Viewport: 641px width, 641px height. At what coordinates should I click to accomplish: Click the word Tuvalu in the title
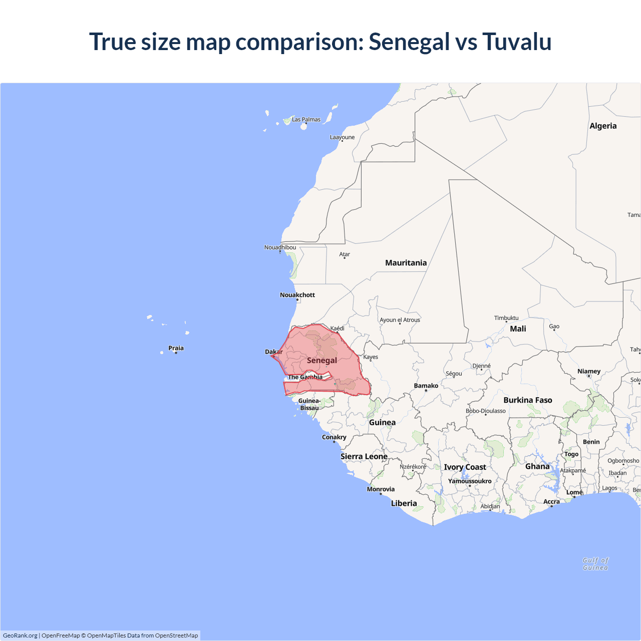point(517,42)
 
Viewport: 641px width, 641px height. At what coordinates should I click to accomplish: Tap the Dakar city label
point(273,352)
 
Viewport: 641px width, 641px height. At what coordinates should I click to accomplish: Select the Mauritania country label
point(406,263)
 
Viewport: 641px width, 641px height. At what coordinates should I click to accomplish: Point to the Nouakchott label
point(297,295)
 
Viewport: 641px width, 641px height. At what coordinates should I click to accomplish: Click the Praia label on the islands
point(176,348)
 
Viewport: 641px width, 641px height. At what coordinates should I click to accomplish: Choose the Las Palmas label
point(306,120)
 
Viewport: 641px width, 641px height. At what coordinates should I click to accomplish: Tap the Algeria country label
point(603,126)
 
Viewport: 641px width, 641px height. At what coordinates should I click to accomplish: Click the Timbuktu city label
point(506,318)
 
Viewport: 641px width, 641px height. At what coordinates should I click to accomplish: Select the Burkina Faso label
point(528,400)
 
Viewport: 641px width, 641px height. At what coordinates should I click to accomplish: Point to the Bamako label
point(426,386)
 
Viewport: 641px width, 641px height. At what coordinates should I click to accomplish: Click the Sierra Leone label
point(364,457)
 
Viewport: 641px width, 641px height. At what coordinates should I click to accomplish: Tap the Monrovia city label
point(381,489)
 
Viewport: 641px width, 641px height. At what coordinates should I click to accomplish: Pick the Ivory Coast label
point(465,467)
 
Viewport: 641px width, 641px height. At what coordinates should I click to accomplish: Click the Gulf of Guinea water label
point(595,564)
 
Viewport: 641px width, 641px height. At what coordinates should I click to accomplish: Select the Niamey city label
point(589,372)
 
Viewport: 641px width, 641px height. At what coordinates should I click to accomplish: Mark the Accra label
point(551,501)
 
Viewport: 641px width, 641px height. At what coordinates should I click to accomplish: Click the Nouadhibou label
point(280,247)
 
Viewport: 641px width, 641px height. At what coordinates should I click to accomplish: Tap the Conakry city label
point(334,437)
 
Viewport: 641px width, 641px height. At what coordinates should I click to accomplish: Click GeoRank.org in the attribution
point(20,635)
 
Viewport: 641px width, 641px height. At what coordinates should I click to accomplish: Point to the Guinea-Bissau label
point(309,404)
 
